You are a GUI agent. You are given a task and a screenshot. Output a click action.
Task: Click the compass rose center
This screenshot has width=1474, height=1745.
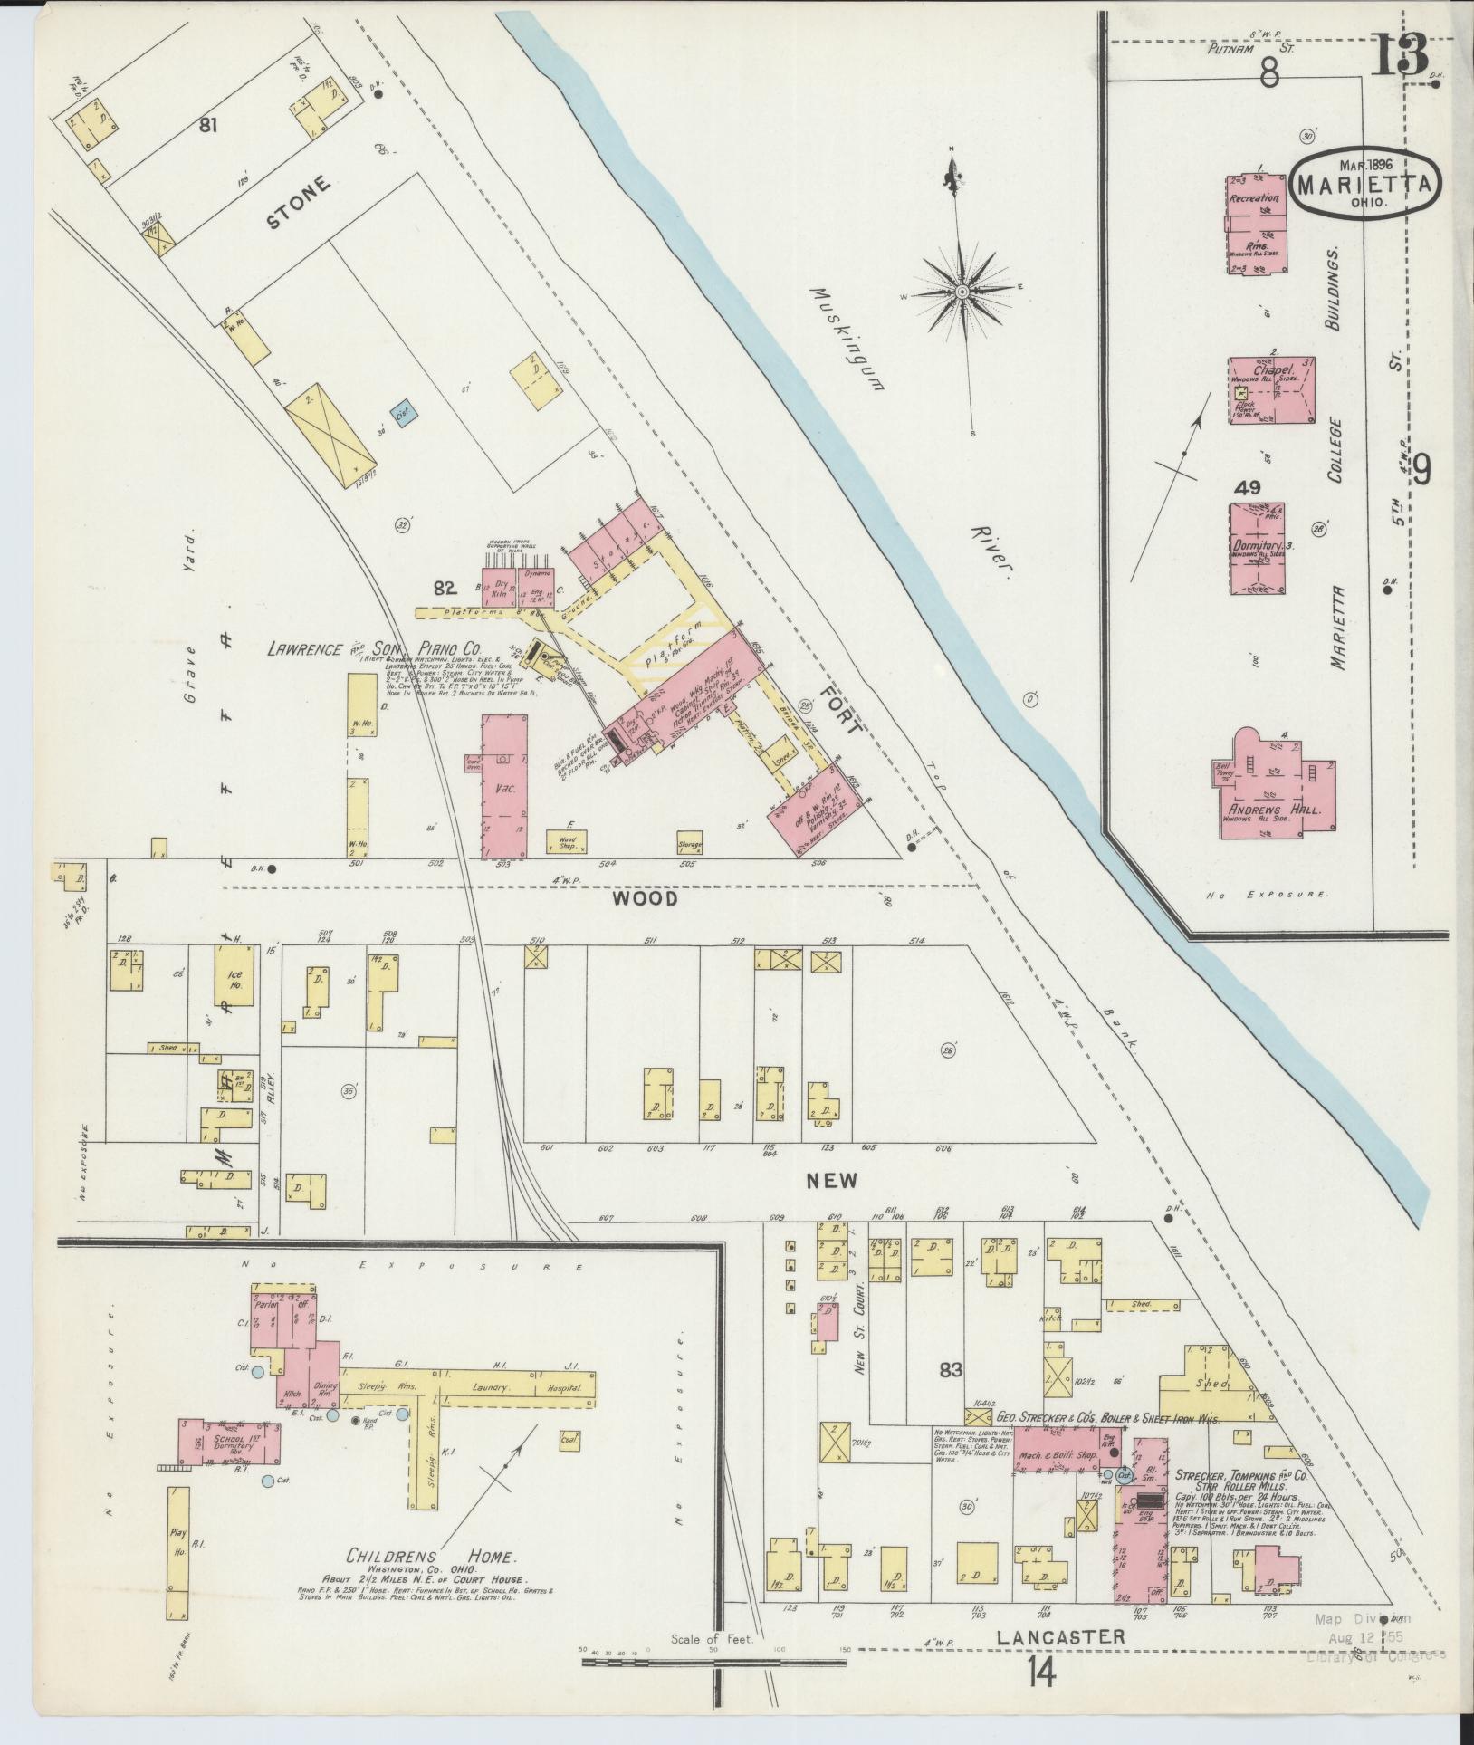962,291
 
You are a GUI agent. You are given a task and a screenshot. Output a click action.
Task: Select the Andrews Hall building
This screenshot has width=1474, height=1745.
1274,784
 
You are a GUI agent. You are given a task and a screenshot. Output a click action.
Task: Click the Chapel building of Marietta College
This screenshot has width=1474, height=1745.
1271,391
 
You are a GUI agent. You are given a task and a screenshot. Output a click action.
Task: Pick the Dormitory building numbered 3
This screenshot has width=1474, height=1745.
1257,546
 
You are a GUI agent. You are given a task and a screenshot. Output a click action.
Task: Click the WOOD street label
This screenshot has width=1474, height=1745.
644,898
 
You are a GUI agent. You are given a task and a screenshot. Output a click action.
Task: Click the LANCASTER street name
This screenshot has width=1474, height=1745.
1060,1637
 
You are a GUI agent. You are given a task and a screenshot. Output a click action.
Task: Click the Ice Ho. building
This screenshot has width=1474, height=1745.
229,981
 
